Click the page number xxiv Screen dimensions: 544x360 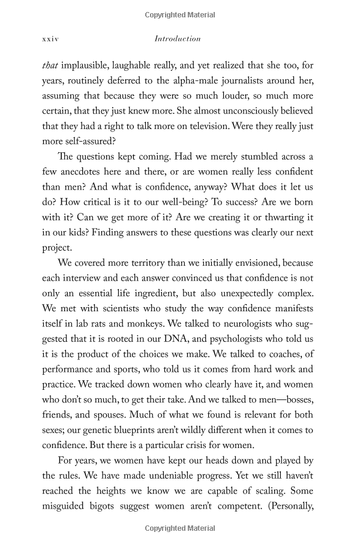(50, 39)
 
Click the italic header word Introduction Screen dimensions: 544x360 (178, 39)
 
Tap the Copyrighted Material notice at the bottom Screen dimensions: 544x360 (179, 528)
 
